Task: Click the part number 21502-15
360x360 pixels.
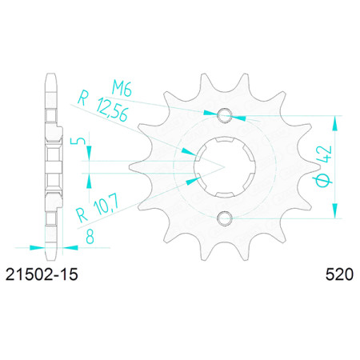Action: pos(42,274)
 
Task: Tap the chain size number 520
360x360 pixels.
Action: pos(339,274)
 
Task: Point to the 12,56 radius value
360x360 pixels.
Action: pos(112,110)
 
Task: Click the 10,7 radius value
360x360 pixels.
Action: pos(106,206)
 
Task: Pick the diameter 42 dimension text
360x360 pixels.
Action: pos(324,166)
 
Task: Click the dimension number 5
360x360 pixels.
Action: pos(77,141)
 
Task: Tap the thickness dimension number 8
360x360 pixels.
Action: pos(90,236)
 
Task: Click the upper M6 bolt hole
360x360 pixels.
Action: pos(225,116)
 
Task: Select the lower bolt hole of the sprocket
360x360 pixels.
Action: pos(225,218)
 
